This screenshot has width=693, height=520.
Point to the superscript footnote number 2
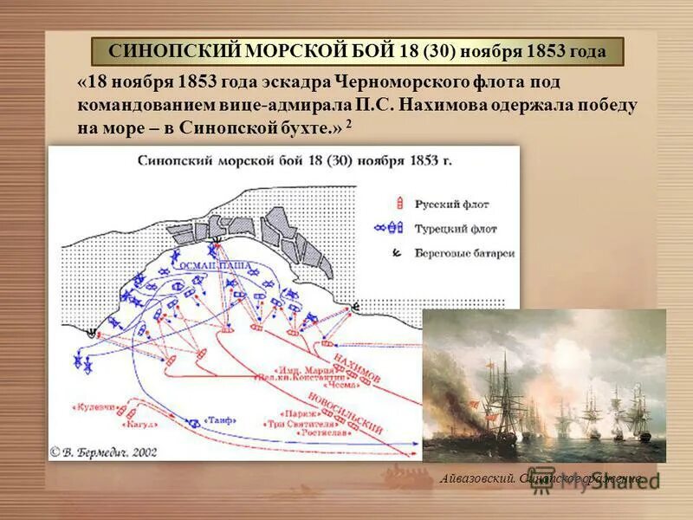pyautogui.click(x=349, y=124)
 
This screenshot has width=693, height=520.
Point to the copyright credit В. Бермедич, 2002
pyautogui.click(x=105, y=452)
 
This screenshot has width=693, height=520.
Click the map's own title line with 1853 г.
pyautogui.click(x=295, y=159)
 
